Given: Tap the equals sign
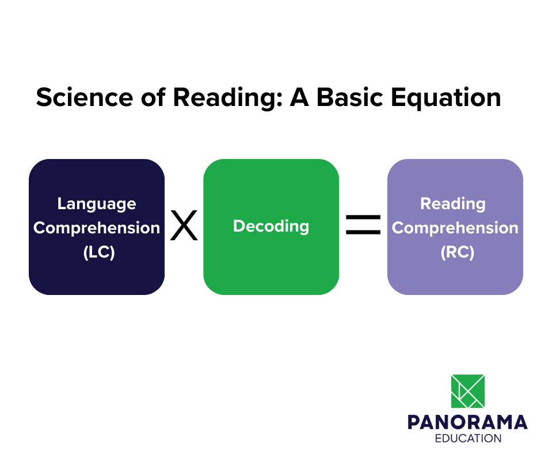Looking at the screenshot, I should (x=363, y=225).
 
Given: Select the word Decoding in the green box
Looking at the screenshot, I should (x=271, y=226).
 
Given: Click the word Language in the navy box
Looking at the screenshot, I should (x=97, y=204).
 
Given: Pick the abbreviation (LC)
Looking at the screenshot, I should (x=97, y=252).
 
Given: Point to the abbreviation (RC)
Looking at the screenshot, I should (x=455, y=252).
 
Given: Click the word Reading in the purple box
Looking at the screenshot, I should (x=453, y=203).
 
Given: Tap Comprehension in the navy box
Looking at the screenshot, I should (x=97, y=228).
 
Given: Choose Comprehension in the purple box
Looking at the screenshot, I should (x=455, y=228).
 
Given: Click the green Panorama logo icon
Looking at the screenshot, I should (x=467, y=391).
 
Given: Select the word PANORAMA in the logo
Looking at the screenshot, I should (x=467, y=422).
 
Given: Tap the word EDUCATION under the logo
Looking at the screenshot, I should (x=467, y=439).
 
